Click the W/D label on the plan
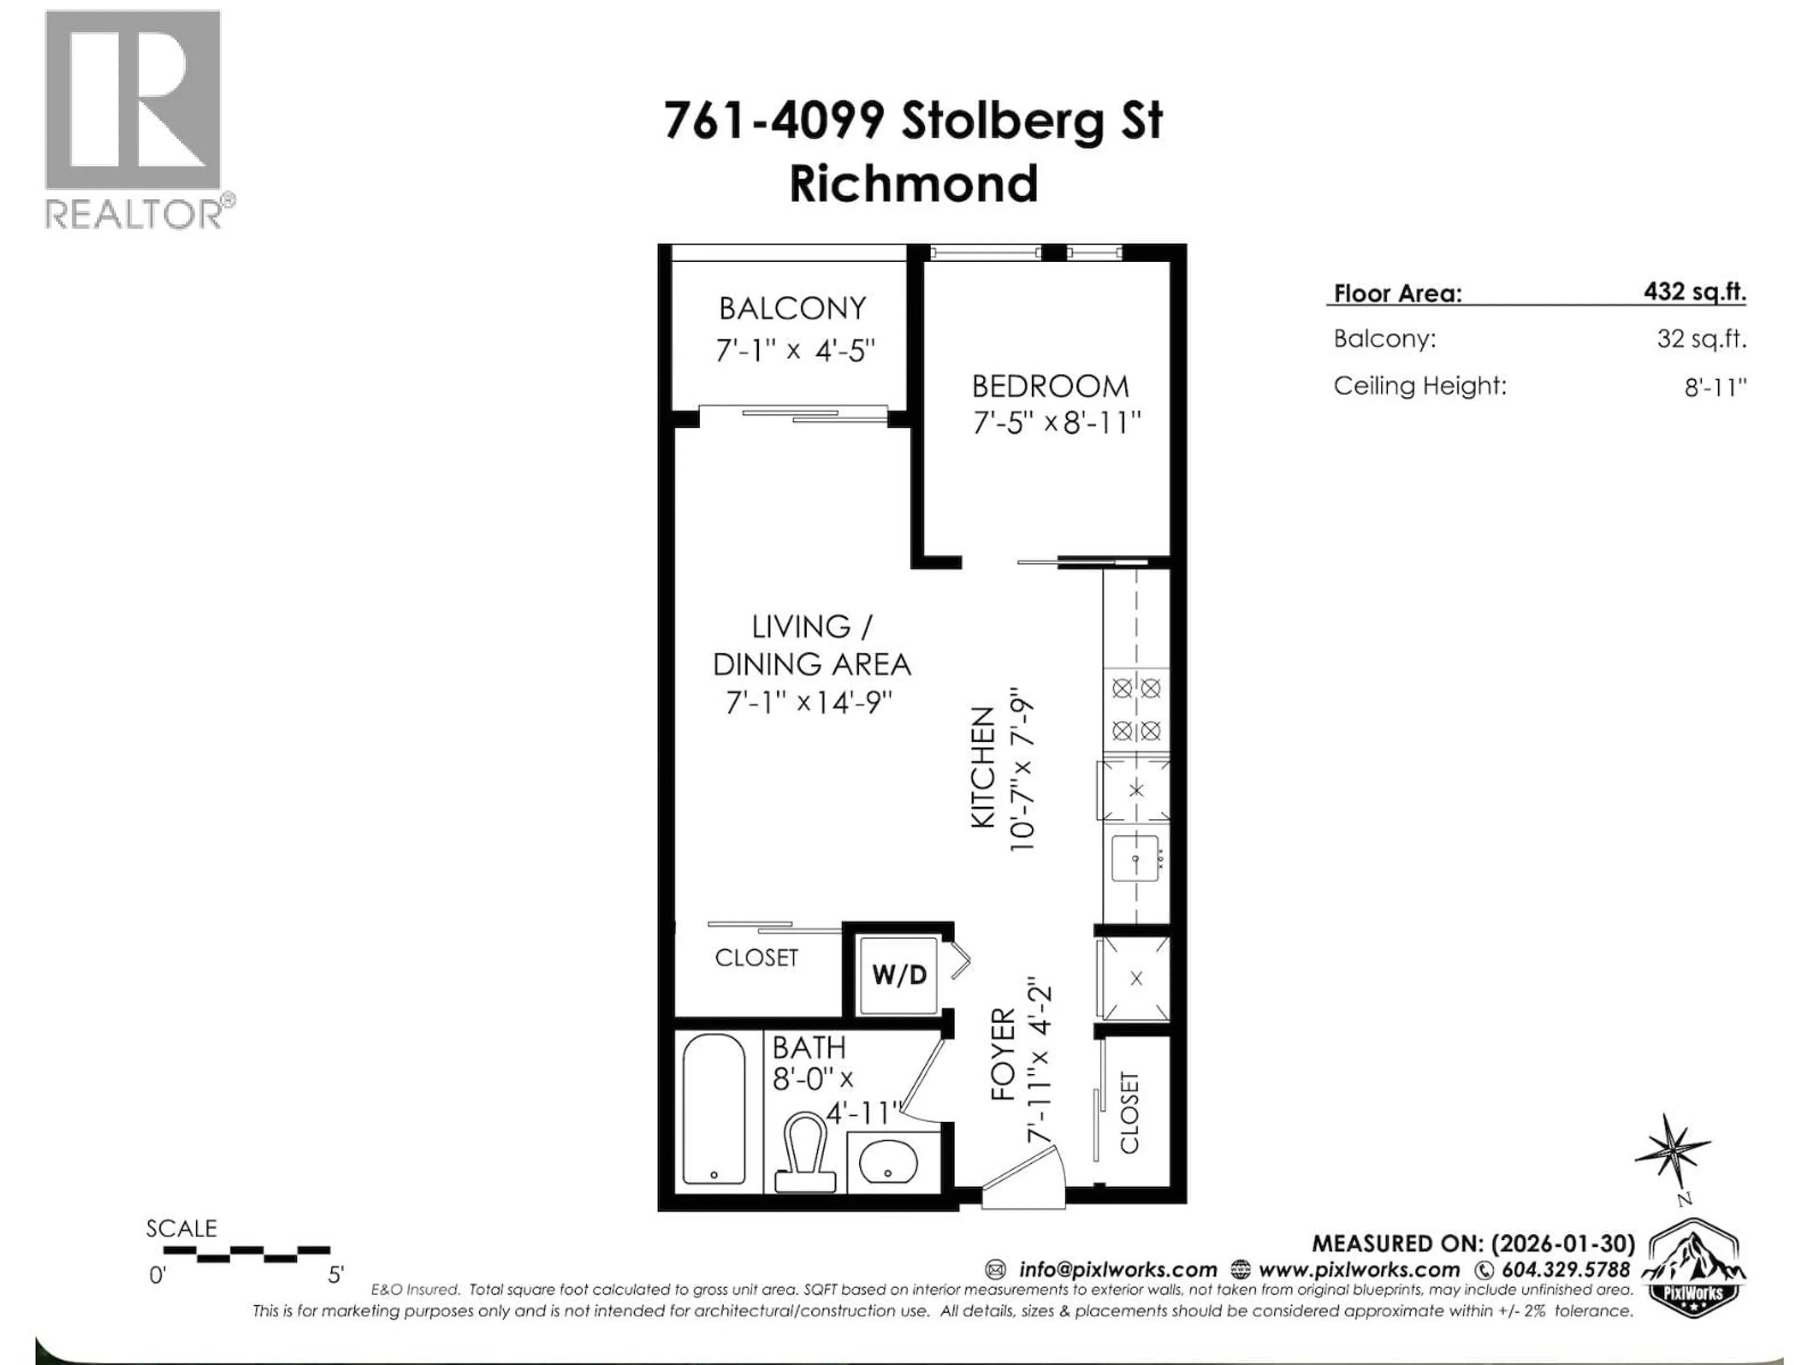pyautogui.click(x=899, y=975)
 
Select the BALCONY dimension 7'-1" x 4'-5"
pyautogui.click(x=794, y=351)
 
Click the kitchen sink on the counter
pyautogui.click(x=1136, y=858)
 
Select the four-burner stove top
pyautogui.click(x=1136, y=709)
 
